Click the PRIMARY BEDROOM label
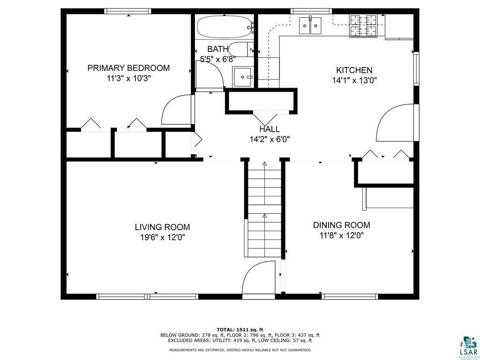click(128, 68)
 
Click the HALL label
click(270, 129)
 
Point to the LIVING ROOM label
click(162, 227)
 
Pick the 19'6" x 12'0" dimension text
click(162, 237)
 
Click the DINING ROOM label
click(341, 225)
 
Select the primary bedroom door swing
click(177, 110)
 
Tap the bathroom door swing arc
click(211, 74)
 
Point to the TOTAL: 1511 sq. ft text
click(240, 330)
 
